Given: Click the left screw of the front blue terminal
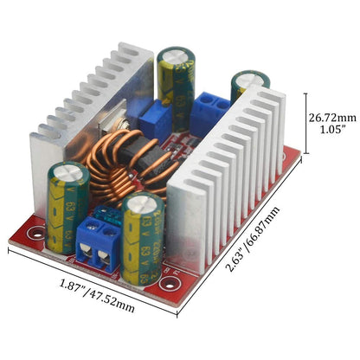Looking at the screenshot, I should click(87, 254).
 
